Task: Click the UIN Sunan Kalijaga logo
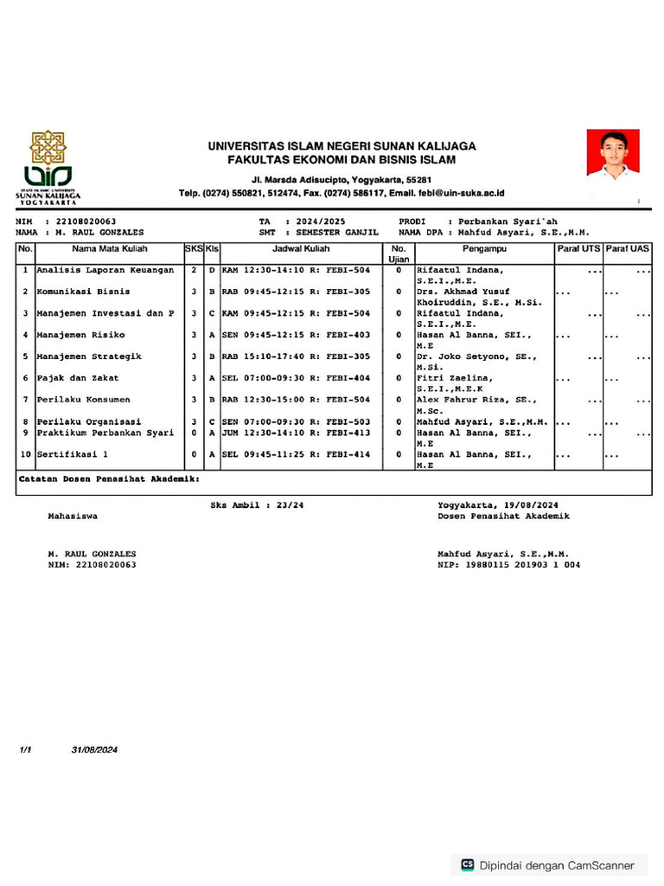tap(48, 167)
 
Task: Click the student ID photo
tap(612, 155)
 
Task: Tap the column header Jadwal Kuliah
tap(301, 249)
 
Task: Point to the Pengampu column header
tap(484, 249)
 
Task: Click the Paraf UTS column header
tap(578, 249)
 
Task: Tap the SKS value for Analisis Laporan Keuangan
tap(194, 271)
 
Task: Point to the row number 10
tap(25, 454)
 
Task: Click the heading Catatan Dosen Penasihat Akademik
tap(110, 478)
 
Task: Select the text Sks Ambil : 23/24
tap(257, 504)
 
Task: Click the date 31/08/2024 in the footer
tap(94, 750)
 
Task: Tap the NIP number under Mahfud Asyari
tap(509, 565)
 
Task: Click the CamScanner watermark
tap(548, 864)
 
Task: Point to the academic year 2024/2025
tap(320, 222)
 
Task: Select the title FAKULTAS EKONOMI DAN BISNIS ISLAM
tap(342, 160)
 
